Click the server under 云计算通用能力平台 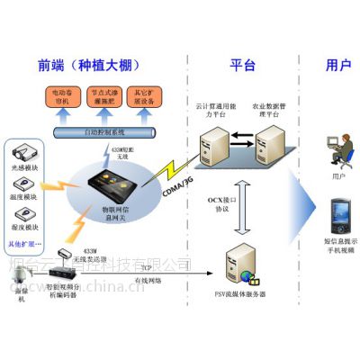216,145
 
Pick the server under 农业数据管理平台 269,145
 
